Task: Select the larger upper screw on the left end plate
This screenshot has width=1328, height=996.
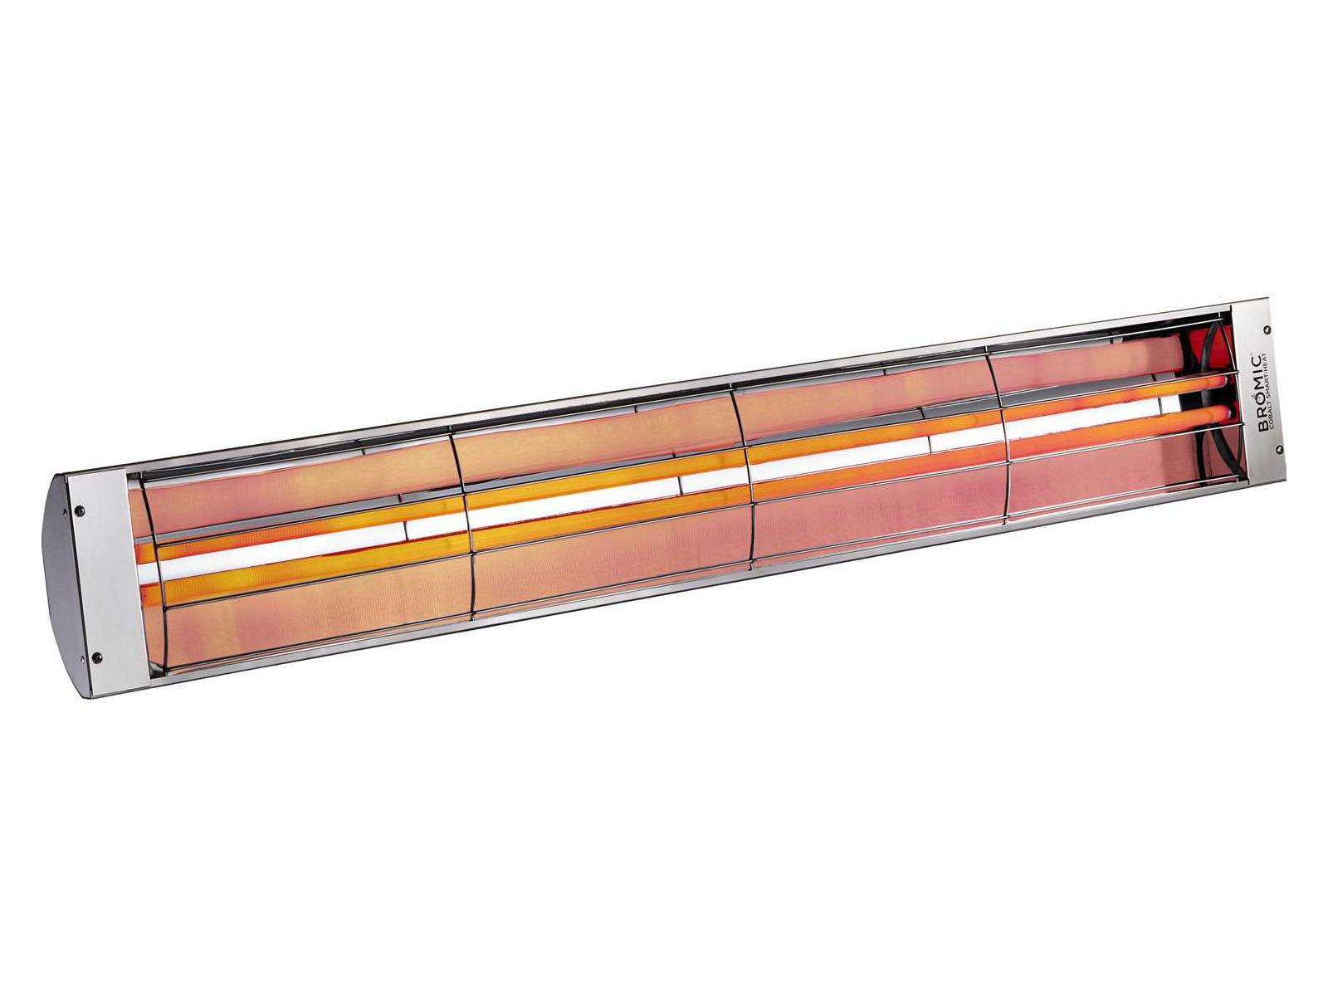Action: [x=80, y=511]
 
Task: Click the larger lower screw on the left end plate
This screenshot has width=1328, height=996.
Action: [x=95, y=656]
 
